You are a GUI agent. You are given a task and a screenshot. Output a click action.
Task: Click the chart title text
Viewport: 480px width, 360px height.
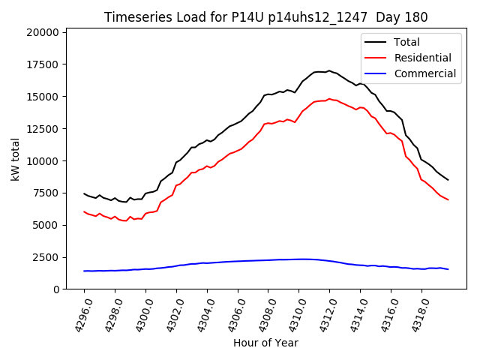(266, 17)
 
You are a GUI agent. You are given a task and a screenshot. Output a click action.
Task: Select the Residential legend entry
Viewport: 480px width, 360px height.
(424, 58)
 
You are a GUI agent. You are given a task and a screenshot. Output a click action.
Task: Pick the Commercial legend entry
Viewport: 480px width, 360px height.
(424, 73)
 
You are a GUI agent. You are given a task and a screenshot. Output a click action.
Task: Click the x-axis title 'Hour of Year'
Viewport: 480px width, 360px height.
(265, 343)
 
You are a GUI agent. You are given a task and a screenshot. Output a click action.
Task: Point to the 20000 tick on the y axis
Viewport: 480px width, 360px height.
(42, 32)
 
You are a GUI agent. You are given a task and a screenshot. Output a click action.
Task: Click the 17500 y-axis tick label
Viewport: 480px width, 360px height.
(42, 64)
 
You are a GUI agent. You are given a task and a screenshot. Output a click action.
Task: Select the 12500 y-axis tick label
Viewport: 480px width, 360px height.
(42, 129)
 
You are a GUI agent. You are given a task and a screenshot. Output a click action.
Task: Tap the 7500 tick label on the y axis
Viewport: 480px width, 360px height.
(45, 193)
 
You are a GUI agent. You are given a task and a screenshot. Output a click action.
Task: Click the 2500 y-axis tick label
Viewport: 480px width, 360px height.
(45, 257)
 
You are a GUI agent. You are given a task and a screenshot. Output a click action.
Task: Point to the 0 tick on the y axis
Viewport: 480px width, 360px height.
(56, 289)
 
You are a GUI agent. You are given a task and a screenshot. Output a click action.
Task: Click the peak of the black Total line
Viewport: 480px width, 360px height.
(328, 70)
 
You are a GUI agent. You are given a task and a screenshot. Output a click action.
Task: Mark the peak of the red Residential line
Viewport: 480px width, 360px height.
(328, 98)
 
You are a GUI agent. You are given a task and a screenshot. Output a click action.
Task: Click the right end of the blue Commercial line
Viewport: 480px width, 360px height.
(448, 269)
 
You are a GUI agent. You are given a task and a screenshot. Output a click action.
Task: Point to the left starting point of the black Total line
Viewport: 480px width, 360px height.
(84, 193)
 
